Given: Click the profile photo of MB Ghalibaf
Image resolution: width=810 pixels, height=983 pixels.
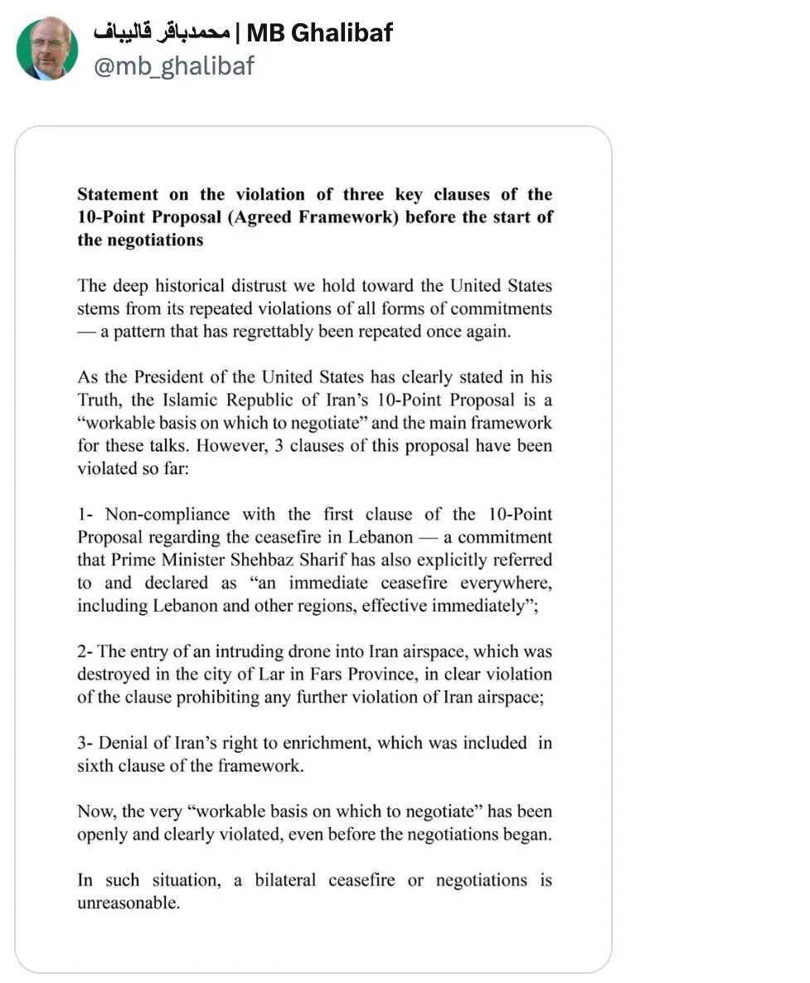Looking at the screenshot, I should tap(47, 48).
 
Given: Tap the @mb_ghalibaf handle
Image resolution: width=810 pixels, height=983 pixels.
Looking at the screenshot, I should tap(173, 65).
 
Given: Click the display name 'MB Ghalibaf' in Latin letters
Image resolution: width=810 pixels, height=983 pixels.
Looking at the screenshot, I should tap(319, 32).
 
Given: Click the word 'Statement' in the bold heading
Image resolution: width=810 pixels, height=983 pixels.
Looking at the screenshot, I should tap(118, 195).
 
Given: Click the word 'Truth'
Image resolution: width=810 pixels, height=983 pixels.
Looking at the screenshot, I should tap(98, 400).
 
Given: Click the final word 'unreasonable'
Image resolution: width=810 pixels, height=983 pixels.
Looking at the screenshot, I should tap(128, 903).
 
